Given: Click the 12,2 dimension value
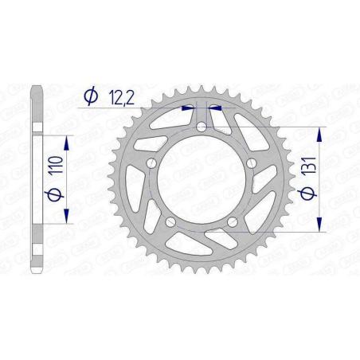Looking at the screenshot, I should pyautogui.click(x=115, y=96).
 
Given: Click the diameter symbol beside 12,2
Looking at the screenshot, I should pyautogui.click(x=90, y=96).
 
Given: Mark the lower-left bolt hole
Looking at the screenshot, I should pyautogui.click(x=170, y=221).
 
